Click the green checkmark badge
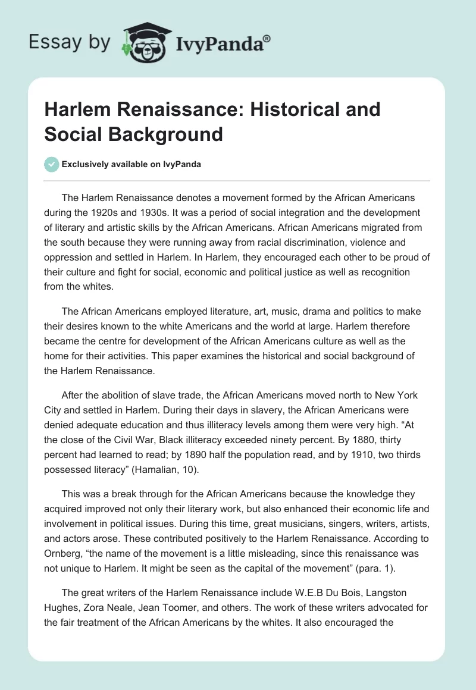point(52,165)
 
